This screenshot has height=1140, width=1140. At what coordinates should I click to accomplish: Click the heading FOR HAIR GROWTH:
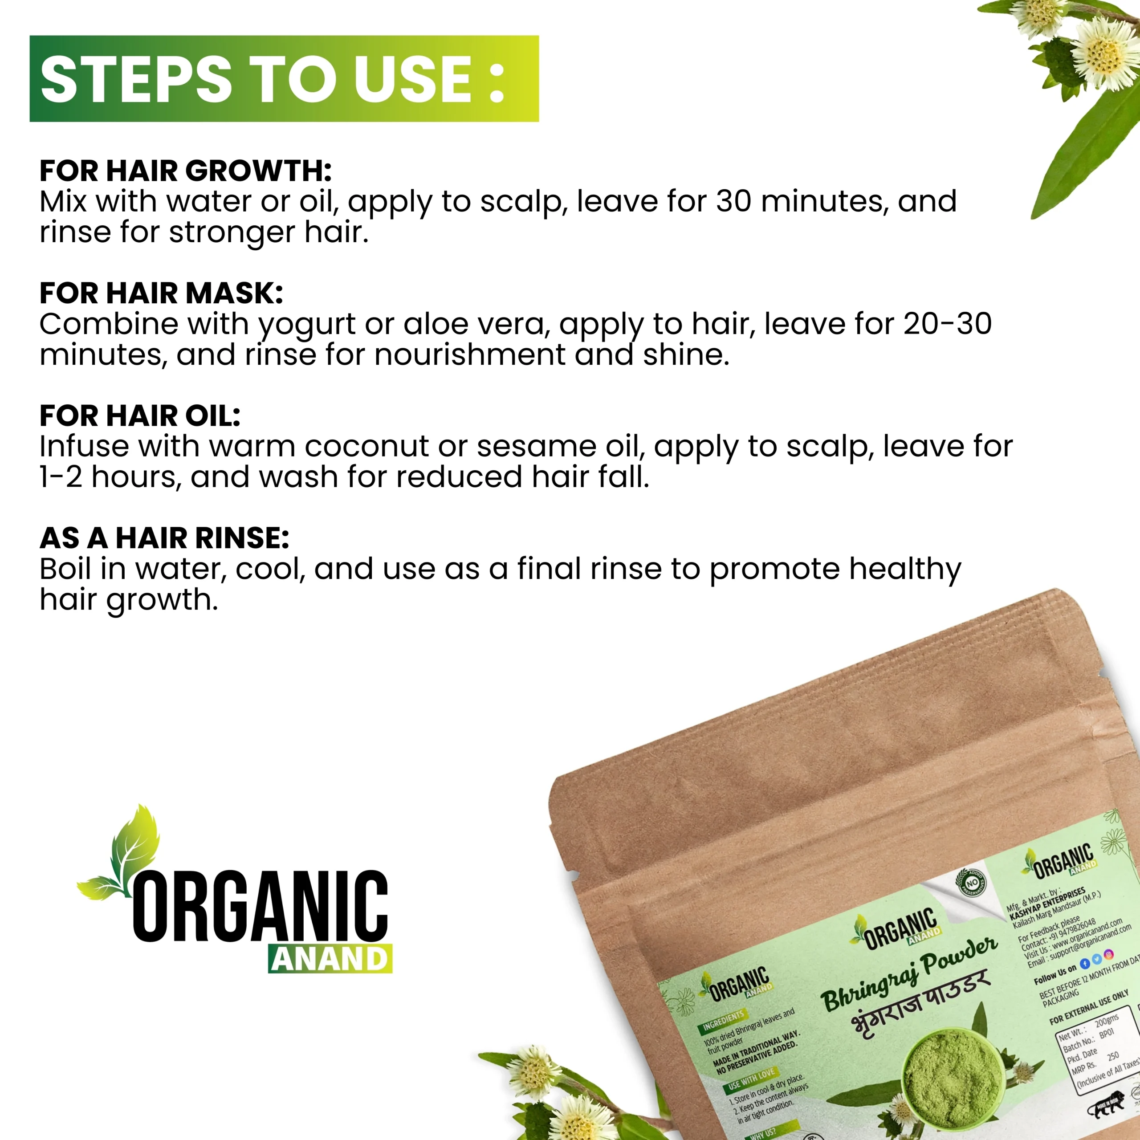[x=185, y=171]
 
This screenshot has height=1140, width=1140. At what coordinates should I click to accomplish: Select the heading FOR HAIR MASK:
[x=161, y=293]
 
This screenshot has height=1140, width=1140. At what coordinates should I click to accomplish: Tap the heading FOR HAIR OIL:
[x=140, y=415]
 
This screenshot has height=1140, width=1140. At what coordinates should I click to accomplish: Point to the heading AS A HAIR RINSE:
[x=164, y=538]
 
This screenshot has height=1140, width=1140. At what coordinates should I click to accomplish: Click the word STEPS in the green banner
[x=136, y=79]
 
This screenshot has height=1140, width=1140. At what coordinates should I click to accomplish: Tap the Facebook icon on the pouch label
[x=1084, y=964]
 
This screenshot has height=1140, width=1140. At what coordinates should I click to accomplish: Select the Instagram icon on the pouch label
[x=1109, y=954]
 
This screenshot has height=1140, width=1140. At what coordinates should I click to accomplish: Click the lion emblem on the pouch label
[x=1109, y=1110]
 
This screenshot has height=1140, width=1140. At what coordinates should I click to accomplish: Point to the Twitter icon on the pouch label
[x=1096, y=960]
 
